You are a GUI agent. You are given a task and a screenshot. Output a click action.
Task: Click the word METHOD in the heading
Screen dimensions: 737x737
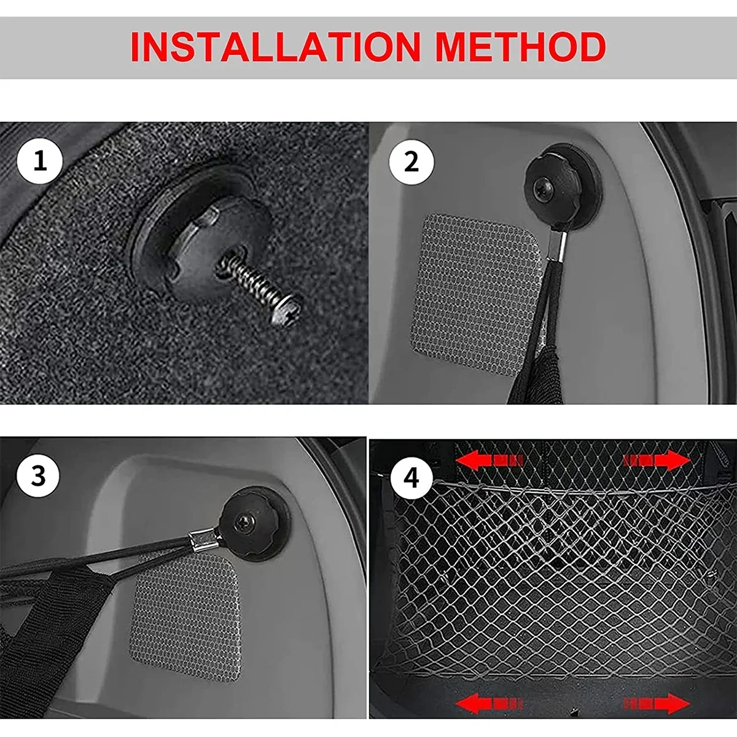(x=521, y=47)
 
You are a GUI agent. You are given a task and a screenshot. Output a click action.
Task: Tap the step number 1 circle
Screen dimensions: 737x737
(x=39, y=162)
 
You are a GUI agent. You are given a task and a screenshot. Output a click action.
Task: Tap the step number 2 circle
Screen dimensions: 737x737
(x=411, y=163)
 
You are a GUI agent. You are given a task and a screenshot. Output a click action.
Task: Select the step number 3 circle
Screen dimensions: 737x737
(x=38, y=477)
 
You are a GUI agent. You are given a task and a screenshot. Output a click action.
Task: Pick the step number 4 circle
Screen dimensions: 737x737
(x=411, y=478)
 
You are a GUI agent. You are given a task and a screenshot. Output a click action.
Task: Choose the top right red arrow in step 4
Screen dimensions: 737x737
(x=657, y=460)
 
